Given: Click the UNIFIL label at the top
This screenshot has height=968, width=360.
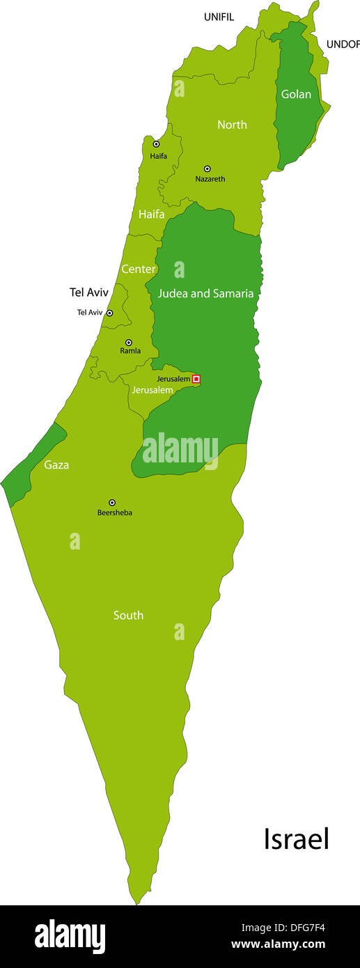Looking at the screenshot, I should (x=219, y=17).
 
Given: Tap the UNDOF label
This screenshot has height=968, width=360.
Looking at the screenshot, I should (x=343, y=44).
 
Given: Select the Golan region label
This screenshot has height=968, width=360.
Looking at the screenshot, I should (x=296, y=94).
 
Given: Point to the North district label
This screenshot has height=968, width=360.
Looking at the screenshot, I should (x=232, y=125).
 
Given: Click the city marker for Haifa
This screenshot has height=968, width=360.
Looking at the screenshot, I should (x=156, y=144).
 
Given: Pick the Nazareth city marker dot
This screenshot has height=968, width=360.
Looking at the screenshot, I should (x=207, y=169).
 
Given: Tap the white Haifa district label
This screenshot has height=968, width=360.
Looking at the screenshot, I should (x=151, y=214).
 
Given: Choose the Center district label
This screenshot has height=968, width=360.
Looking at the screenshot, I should (x=139, y=269).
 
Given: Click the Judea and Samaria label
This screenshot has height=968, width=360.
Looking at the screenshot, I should (x=205, y=294).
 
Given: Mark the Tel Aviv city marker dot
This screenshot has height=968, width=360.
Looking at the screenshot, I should (x=109, y=313).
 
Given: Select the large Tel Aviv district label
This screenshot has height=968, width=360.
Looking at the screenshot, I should (x=89, y=292).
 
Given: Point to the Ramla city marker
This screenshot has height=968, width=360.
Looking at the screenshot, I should (x=129, y=343).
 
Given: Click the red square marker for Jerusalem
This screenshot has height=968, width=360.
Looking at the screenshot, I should (x=196, y=379).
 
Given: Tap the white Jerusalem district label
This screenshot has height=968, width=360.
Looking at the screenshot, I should (x=152, y=390).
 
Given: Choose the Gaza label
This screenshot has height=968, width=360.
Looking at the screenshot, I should (x=56, y=465).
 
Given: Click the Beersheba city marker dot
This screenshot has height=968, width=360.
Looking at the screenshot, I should (x=112, y=502).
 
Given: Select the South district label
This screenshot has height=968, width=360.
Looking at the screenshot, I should (x=128, y=615).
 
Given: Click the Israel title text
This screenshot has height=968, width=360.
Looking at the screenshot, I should (x=296, y=838).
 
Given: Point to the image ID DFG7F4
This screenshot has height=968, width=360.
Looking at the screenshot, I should (x=302, y=928).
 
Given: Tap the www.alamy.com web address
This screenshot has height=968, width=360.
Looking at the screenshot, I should (x=278, y=945).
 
